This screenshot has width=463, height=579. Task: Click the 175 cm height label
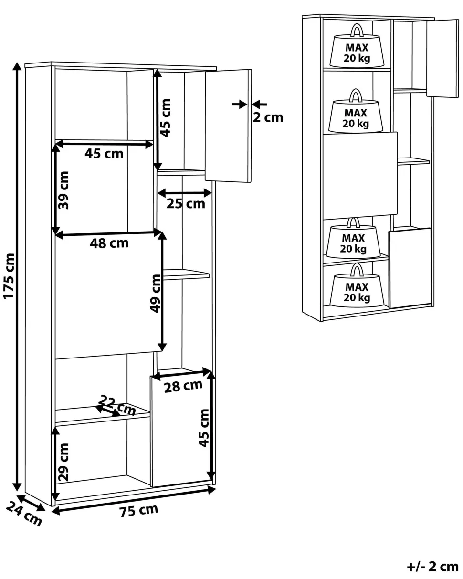point(9,276)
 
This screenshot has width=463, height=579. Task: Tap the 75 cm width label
point(139,510)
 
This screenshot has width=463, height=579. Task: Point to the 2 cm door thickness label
point(268,117)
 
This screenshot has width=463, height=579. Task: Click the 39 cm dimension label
point(63,190)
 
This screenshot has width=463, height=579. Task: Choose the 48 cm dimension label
point(109,243)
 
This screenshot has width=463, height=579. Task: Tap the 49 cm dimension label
point(156,293)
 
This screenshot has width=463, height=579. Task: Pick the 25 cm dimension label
point(186,204)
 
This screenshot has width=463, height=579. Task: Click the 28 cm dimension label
point(183,386)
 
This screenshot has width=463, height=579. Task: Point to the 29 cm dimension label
point(63,462)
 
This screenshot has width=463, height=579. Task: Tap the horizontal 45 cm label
point(104,154)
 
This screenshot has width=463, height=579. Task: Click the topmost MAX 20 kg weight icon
point(357,45)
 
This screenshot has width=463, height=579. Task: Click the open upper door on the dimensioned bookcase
point(228,126)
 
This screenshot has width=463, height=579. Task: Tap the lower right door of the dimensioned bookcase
point(181,429)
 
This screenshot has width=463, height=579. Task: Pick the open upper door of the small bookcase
point(442,58)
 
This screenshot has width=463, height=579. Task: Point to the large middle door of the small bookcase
point(360,176)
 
